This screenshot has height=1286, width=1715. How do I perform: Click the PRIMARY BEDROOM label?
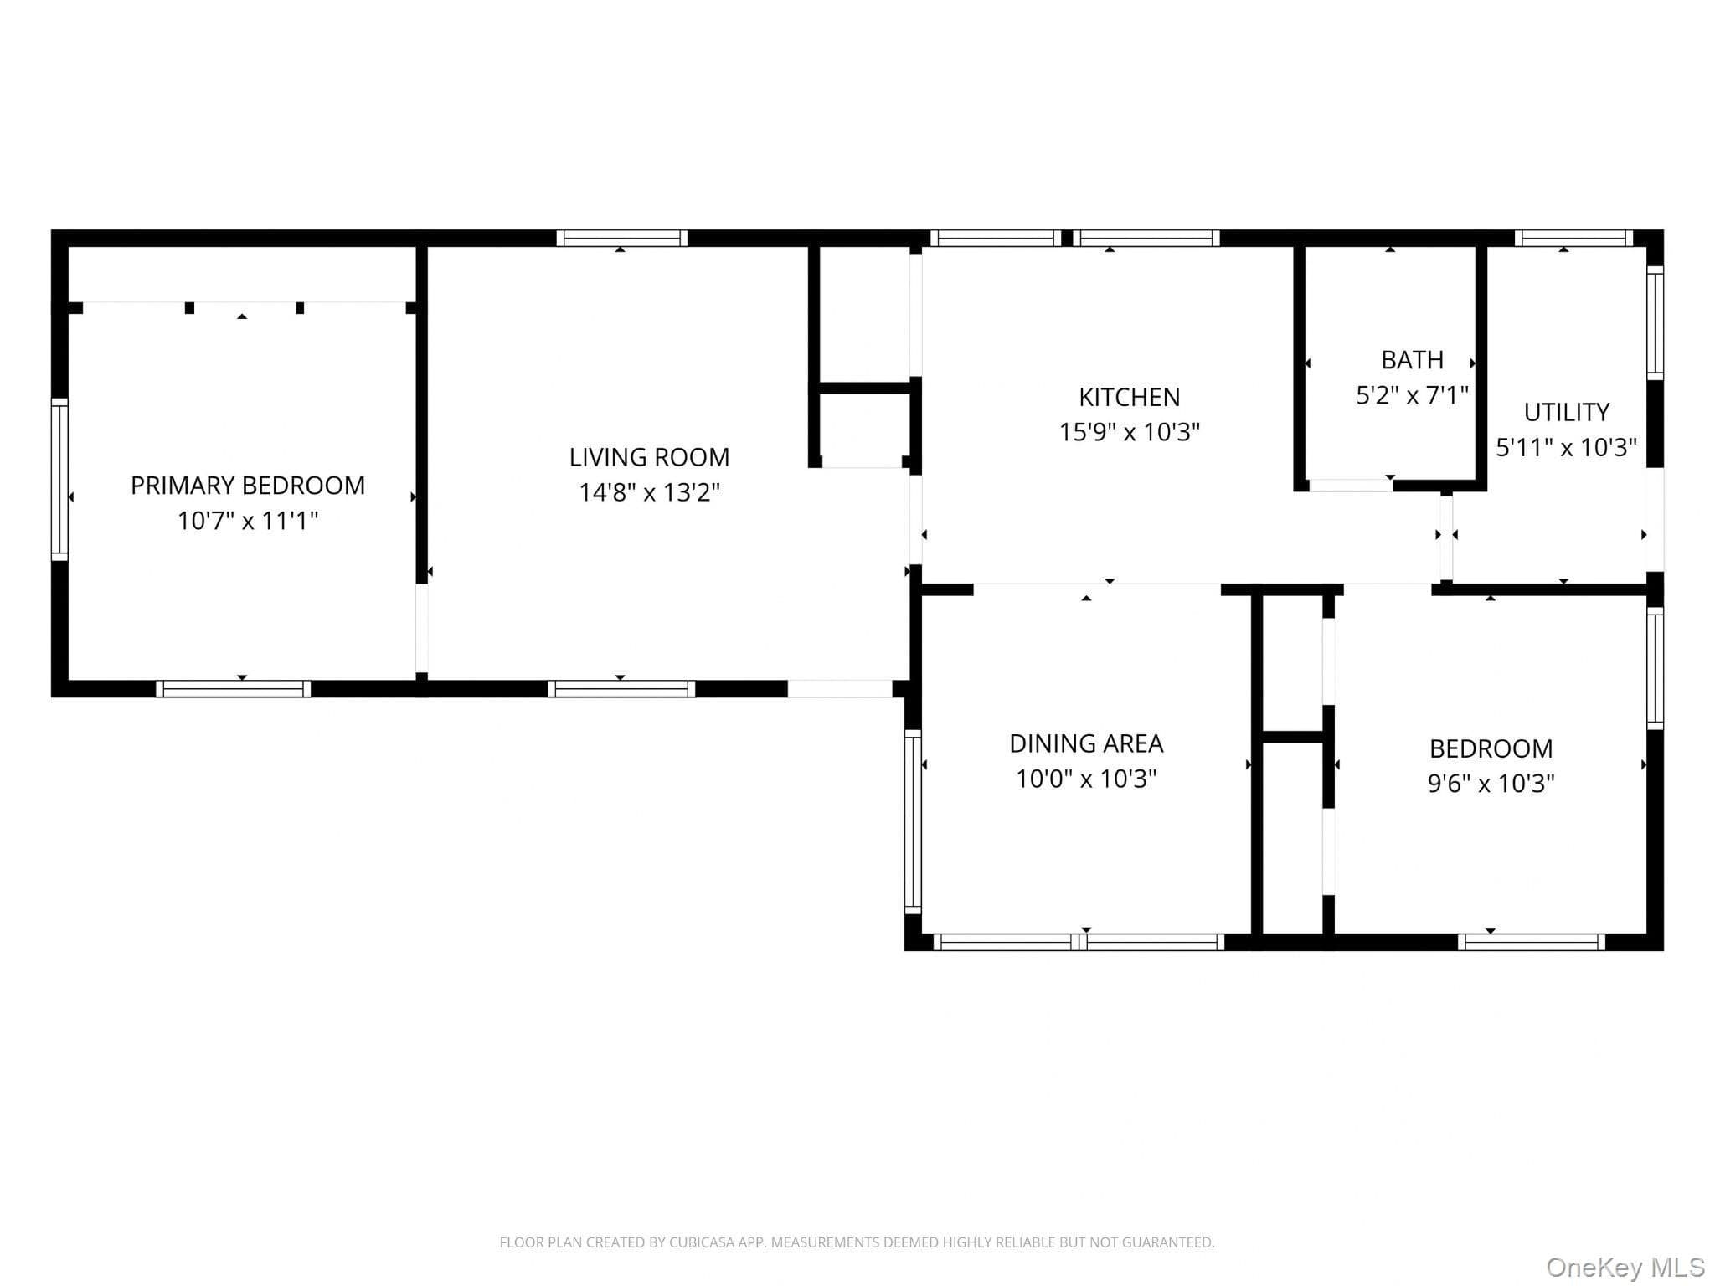click(248, 486)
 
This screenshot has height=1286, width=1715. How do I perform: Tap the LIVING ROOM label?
click(649, 457)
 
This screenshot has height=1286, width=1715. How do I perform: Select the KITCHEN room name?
click(1129, 397)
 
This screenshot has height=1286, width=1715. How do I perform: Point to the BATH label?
click(1412, 360)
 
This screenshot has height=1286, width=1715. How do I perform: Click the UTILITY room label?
click(1566, 412)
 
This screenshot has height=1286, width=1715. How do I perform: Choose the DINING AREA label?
click(1086, 743)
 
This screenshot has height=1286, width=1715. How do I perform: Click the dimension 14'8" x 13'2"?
click(649, 492)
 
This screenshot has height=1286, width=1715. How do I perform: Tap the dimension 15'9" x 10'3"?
click(1129, 432)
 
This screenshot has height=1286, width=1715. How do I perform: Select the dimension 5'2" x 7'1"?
click(1412, 395)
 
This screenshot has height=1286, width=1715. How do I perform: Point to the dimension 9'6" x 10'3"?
click(1491, 784)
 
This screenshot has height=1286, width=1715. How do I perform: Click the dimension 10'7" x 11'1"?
click(248, 521)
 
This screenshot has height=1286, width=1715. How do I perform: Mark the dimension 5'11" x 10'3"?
click(1566, 447)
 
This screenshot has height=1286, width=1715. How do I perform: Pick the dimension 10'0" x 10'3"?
click(1086, 779)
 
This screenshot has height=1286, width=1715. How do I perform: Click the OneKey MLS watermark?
click(1625, 1268)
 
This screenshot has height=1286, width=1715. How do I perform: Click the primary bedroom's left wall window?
click(59, 479)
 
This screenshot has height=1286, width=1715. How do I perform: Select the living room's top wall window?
click(621, 238)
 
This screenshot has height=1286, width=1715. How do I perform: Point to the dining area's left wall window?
click(913, 821)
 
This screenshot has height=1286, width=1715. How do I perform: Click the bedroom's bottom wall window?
click(1531, 942)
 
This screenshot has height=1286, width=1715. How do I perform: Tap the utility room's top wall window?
click(1573, 238)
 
